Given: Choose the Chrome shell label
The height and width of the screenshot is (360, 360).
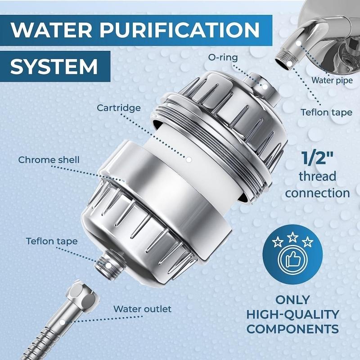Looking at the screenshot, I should [49, 160].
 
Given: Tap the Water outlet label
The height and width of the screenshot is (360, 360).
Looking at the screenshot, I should [142, 309].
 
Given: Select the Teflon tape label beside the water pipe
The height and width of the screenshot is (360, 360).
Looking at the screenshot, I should [326, 112].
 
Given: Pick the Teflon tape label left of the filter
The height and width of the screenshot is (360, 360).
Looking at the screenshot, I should [51, 241].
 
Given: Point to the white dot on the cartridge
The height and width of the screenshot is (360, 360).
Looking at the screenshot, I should [189, 159].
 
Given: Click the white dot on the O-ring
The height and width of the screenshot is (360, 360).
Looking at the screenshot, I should [265, 85].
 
